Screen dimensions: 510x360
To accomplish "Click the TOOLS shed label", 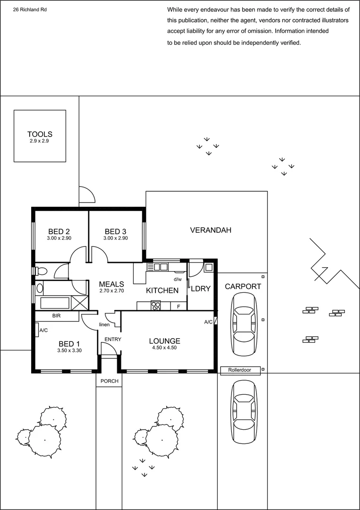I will click(x=40, y=134).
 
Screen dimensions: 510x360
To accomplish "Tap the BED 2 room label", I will click(x=59, y=231).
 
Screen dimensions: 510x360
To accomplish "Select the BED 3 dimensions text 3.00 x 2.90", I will click(x=115, y=238).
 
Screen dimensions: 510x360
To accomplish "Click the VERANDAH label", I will click(x=210, y=230).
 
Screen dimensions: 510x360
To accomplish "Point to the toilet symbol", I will click(x=40, y=271).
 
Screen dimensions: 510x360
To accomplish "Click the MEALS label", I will click(x=111, y=284).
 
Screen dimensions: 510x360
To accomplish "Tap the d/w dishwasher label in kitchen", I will click(x=178, y=280).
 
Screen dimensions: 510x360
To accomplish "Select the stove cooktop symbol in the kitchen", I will click(x=156, y=306).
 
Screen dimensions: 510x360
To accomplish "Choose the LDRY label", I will click(x=200, y=289).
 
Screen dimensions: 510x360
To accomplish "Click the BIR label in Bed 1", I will click(x=56, y=315).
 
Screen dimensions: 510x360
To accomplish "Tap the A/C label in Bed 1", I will click(x=43, y=331).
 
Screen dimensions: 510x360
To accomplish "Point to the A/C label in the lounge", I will click(x=208, y=322).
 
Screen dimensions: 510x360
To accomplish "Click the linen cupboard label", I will click(x=104, y=325).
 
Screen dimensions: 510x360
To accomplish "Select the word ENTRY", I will click(x=112, y=339).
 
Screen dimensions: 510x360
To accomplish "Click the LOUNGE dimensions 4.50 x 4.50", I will click(x=164, y=348).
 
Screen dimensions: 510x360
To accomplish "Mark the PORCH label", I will click(x=109, y=381).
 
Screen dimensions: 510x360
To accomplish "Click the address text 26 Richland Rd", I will click(x=30, y=9).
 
